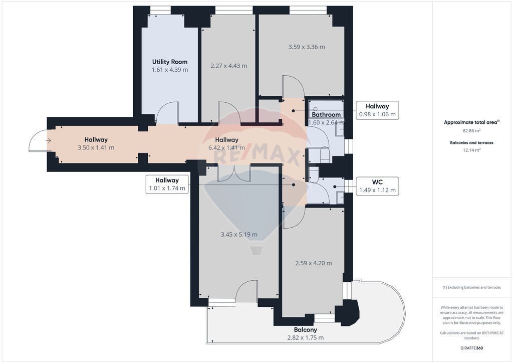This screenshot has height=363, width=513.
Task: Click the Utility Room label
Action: (170, 62)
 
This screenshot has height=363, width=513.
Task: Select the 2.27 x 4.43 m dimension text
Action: (228, 66)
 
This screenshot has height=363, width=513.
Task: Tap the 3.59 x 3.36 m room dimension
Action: (307, 47)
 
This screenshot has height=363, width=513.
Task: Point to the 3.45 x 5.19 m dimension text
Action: (239, 234)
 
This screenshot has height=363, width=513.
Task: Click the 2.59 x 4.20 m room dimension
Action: (314, 263)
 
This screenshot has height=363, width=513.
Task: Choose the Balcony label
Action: (305, 329)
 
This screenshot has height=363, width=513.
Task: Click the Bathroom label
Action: (326, 114)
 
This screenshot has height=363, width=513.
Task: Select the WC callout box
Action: (377, 186)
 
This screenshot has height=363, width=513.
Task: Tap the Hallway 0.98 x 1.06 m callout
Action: (377, 110)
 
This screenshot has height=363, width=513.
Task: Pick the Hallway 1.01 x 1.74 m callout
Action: (167, 184)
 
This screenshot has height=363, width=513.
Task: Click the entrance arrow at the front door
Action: (49, 141)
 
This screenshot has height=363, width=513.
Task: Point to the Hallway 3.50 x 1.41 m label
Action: (96, 143)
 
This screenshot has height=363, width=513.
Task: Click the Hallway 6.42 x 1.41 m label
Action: (227, 143)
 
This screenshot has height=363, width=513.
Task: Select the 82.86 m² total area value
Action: (471, 130)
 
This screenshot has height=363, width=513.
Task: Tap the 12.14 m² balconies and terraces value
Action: (471, 150)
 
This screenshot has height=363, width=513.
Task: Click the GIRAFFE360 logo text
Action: (471, 348)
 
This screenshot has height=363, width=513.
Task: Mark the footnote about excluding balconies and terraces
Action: (471, 287)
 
